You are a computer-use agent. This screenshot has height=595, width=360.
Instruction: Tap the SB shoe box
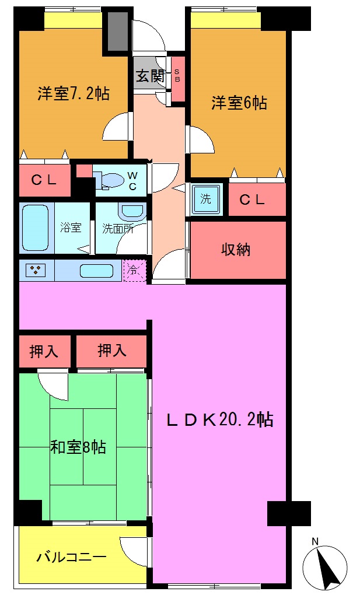click(177, 76)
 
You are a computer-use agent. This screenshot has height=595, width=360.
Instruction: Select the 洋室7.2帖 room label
click(74, 93)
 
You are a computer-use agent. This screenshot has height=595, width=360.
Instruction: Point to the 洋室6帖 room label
click(239, 103)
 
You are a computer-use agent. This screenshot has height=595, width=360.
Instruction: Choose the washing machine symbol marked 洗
click(206, 198)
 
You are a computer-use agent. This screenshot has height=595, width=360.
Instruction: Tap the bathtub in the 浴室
click(34, 228)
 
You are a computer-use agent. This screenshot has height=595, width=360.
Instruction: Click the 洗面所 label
click(118, 228)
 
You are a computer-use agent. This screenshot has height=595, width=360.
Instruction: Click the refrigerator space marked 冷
click(135, 270)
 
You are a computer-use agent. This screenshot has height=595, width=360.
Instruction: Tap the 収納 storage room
click(236, 249)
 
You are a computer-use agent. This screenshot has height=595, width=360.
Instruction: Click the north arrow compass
click(325, 568)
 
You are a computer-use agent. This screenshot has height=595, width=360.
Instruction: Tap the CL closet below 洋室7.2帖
click(44, 180)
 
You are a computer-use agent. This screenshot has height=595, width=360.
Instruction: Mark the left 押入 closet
click(44, 351)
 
